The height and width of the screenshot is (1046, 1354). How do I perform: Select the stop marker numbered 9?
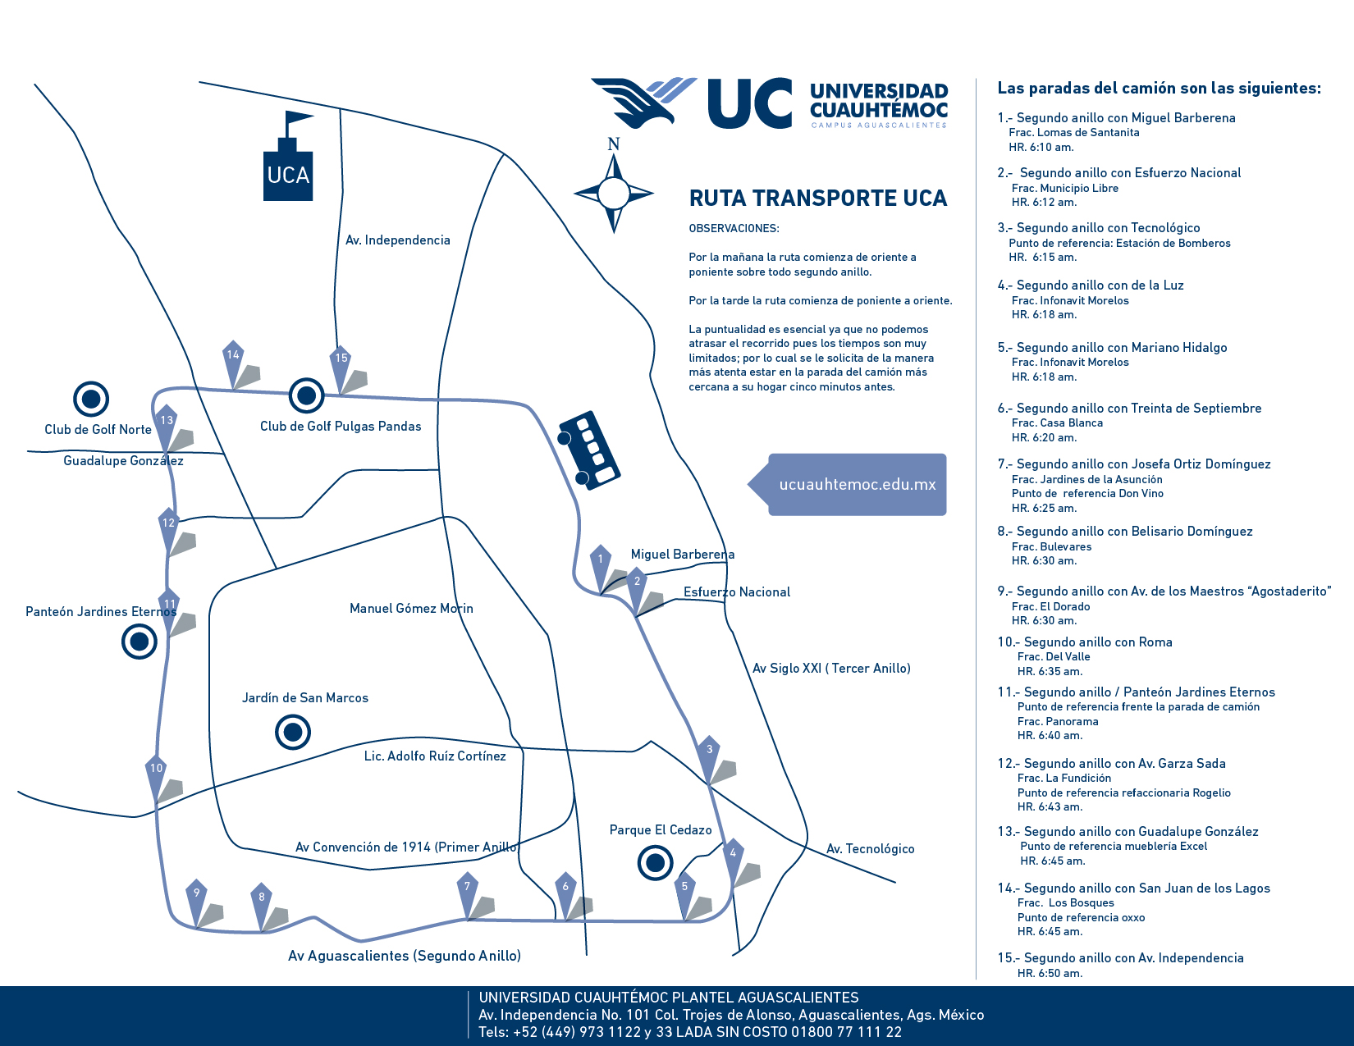click(x=196, y=897)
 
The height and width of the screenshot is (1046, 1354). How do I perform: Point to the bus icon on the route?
click(x=589, y=450)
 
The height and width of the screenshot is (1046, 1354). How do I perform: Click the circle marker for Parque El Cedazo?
click(x=655, y=863)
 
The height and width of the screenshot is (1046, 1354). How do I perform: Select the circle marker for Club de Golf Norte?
click(x=91, y=400)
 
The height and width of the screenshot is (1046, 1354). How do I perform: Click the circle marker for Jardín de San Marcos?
click(x=293, y=732)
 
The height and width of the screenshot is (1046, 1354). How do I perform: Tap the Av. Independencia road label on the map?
click(x=397, y=240)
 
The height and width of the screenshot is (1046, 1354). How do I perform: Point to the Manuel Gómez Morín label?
click(x=411, y=609)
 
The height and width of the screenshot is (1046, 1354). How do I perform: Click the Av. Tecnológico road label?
click(x=870, y=849)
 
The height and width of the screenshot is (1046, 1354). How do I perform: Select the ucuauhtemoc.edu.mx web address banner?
click(x=857, y=485)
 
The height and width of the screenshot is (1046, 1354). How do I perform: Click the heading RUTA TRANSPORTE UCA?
click(x=817, y=199)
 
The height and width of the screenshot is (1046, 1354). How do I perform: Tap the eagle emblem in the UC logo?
click(x=644, y=100)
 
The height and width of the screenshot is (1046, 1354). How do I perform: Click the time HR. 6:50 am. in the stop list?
click(x=1050, y=974)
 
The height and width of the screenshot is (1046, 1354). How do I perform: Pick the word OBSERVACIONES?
click(x=734, y=229)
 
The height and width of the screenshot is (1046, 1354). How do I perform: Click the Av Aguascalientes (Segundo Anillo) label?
click(x=405, y=956)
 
